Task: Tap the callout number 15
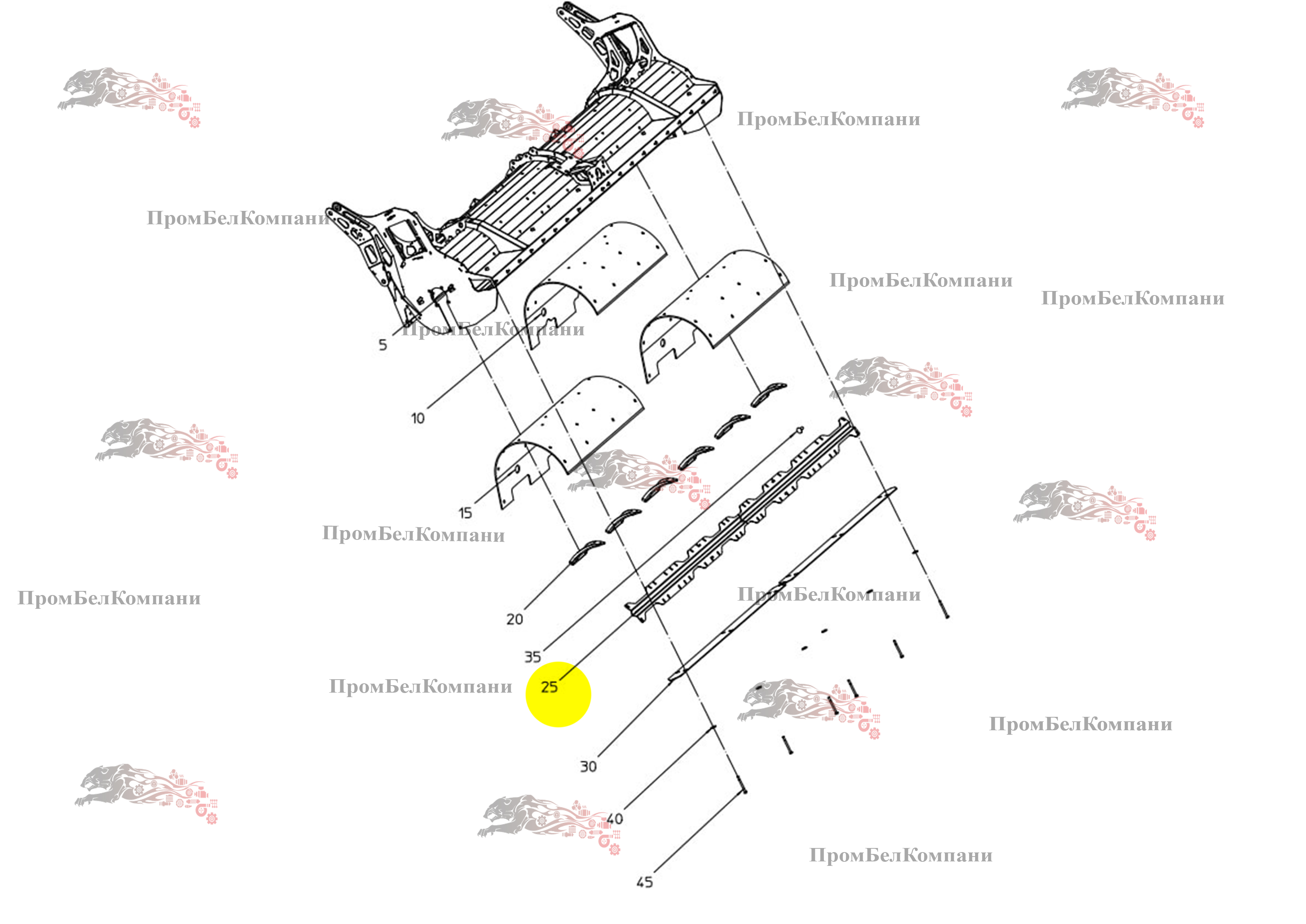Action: pos(465,513)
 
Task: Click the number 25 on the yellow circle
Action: pos(550,687)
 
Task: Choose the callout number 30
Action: pos(589,766)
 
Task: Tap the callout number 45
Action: pos(644,882)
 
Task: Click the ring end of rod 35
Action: pos(800,429)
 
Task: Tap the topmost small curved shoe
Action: pos(769,393)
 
